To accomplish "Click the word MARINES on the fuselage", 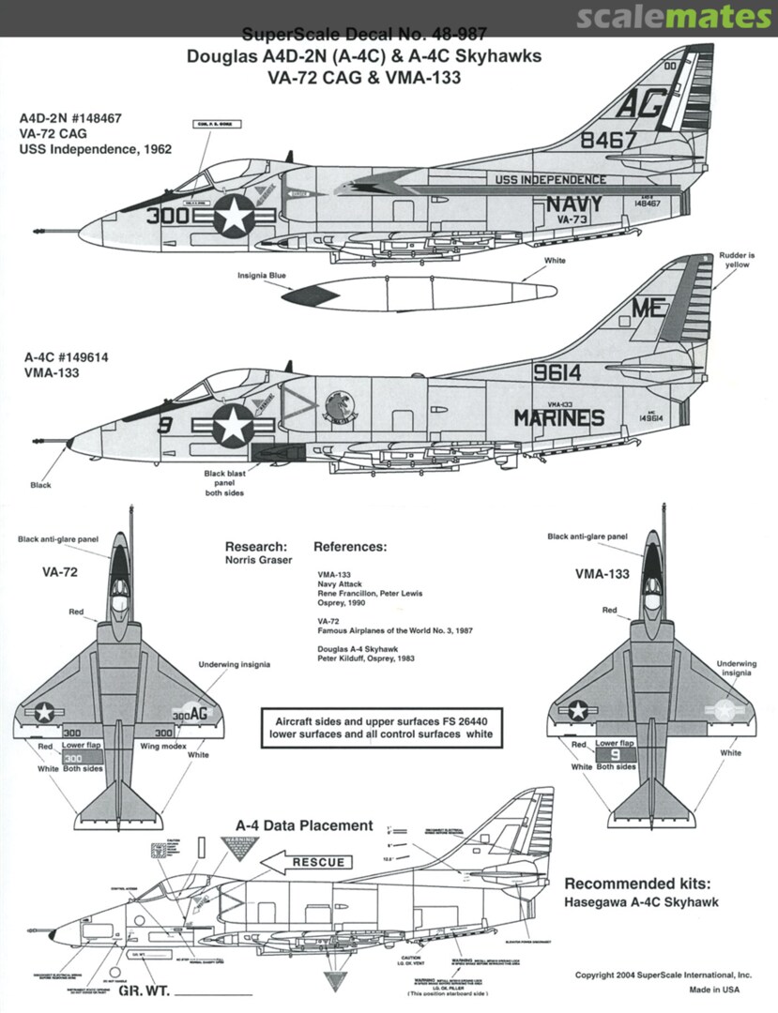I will (558, 417).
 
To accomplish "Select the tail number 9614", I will (557, 372).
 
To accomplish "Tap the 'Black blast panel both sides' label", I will (224, 483).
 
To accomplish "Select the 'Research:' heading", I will (256, 546).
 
